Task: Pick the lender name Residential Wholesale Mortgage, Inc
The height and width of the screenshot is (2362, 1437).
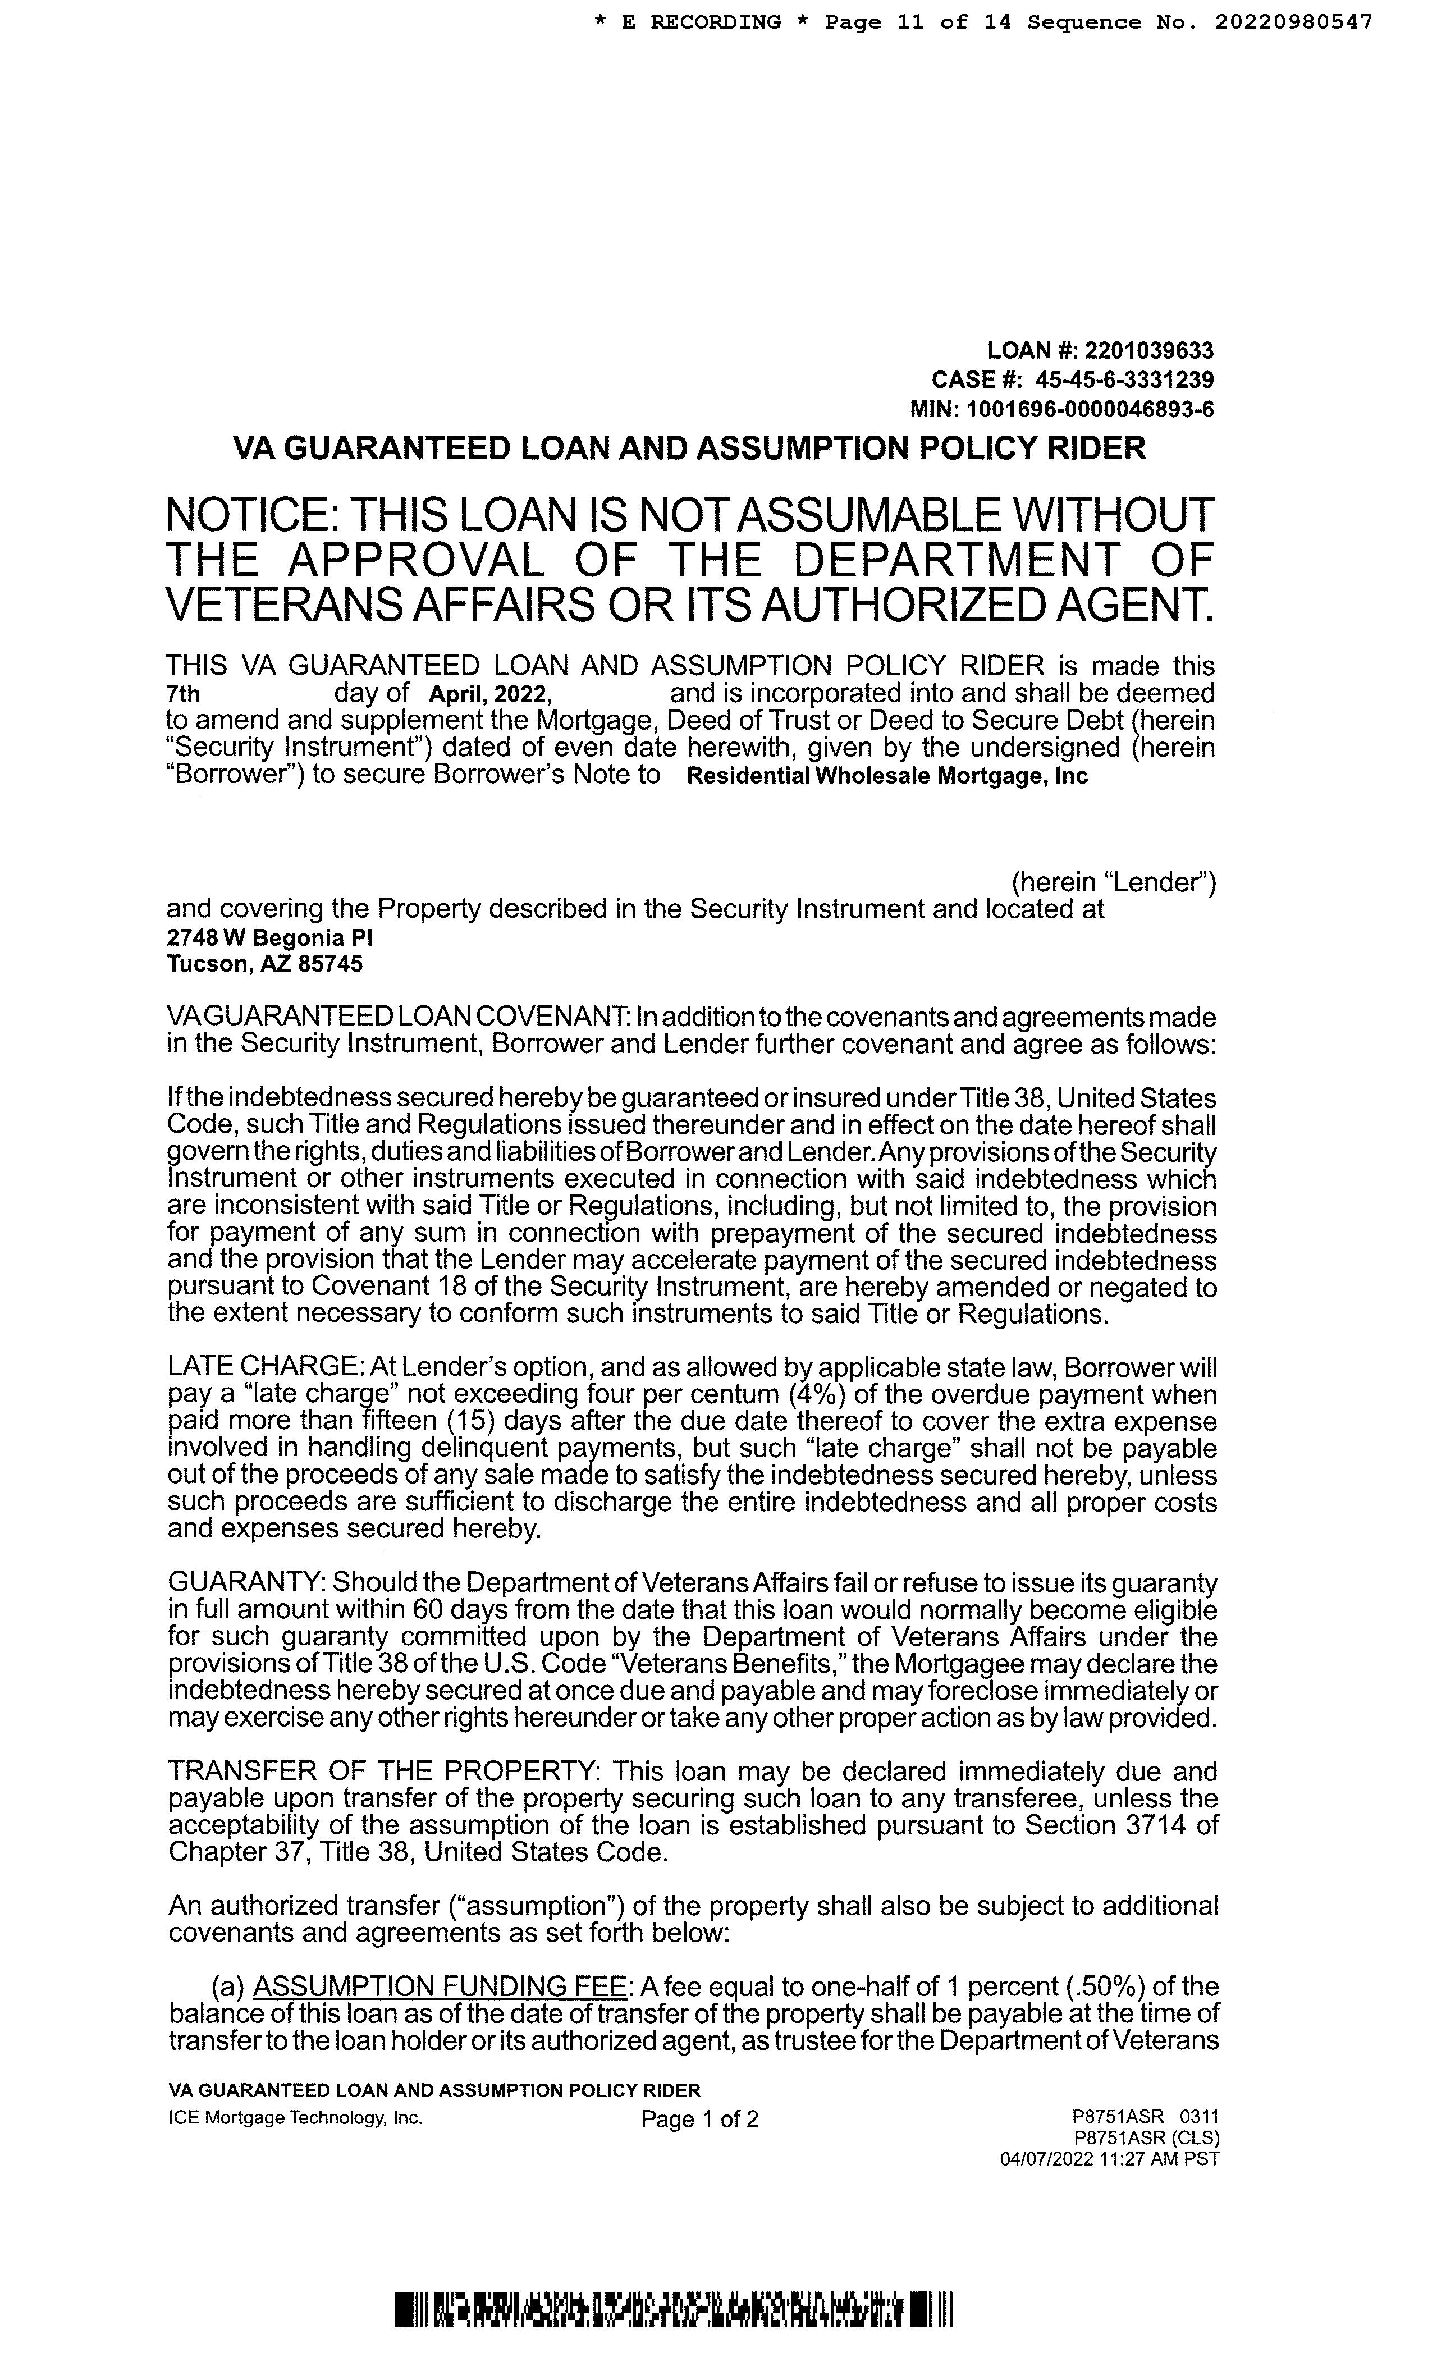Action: pyautogui.click(x=887, y=776)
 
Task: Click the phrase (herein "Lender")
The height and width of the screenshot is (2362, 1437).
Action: pyautogui.click(x=1114, y=883)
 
